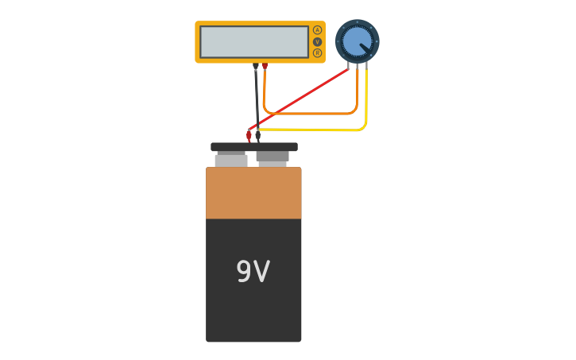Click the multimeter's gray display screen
(x=254, y=42)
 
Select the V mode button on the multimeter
(x=317, y=42)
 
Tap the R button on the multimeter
(x=317, y=53)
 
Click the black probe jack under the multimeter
(x=256, y=66)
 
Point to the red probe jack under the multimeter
(x=265, y=66)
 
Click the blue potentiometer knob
(x=357, y=41)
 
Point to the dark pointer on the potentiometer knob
(x=365, y=48)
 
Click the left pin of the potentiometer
(x=348, y=66)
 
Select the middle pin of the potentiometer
(x=357, y=66)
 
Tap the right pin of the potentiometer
(x=366, y=66)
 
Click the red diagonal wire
(x=298, y=99)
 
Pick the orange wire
(x=311, y=114)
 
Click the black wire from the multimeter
(x=257, y=99)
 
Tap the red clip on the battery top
(x=249, y=137)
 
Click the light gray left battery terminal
(x=231, y=159)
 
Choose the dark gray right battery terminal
(x=273, y=159)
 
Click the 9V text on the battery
(x=253, y=271)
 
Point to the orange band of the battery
(x=253, y=193)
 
